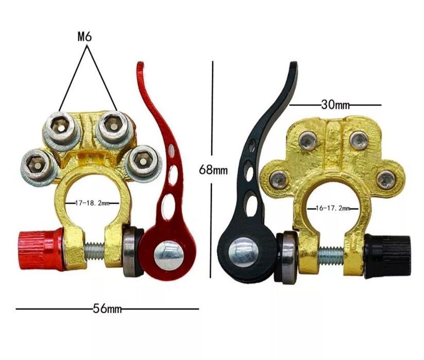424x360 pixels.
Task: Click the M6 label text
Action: pos(86,37)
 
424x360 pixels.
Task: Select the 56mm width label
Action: pos(107,309)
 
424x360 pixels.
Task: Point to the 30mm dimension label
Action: pos(335,104)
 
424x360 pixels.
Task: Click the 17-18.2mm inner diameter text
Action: pos(93,203)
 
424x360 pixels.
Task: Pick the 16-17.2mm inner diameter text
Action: pos(332,208)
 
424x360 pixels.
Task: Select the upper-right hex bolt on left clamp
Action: pos(112,125)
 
